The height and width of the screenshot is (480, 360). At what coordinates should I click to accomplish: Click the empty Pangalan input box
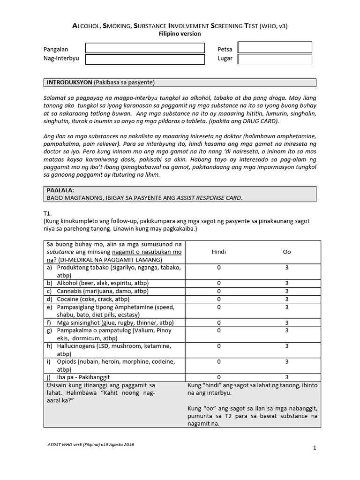(x=145, y=48)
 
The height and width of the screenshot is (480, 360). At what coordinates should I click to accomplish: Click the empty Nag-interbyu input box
(x=145, y=59)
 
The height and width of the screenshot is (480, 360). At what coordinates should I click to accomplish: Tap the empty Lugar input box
(x=275, y=59)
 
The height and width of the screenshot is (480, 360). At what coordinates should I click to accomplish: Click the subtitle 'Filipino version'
(x=180, y=34)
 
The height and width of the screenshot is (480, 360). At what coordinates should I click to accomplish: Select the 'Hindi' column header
(x=219, y=252)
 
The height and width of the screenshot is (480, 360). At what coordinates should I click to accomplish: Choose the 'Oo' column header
(x=287, y=252)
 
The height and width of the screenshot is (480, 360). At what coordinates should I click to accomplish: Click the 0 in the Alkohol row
(x=219, y=283)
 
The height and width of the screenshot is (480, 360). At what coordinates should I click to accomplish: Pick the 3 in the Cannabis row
(x=287, y=291)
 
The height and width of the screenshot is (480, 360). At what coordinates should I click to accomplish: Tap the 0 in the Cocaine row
(x=219, y=299)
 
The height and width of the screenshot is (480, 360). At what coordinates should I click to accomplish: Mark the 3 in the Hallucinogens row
(x=287, y=346)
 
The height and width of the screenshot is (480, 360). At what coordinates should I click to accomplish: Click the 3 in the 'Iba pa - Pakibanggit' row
(x=287, y=377)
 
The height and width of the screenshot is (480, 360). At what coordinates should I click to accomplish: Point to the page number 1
(x=315, y=448)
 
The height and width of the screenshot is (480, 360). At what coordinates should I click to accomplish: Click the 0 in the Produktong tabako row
(x=219, y=267)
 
